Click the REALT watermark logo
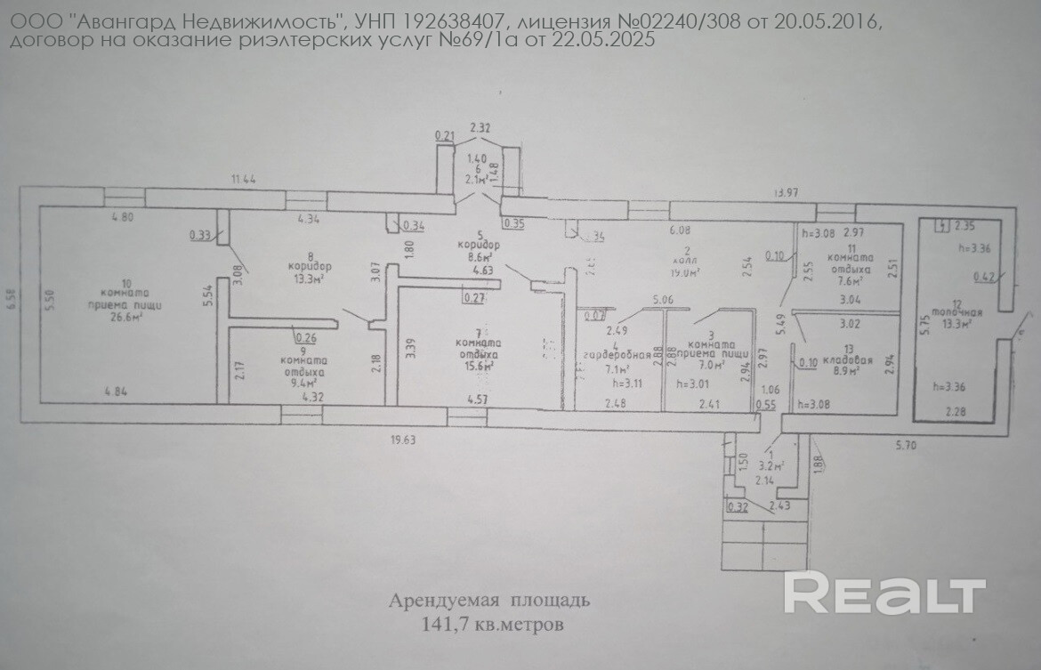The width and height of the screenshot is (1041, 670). point(884,592)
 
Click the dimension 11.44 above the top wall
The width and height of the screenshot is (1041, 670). point(243,180)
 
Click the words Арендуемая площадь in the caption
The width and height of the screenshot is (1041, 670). point(488,601)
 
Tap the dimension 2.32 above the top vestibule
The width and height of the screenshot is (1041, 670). point(480,128)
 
